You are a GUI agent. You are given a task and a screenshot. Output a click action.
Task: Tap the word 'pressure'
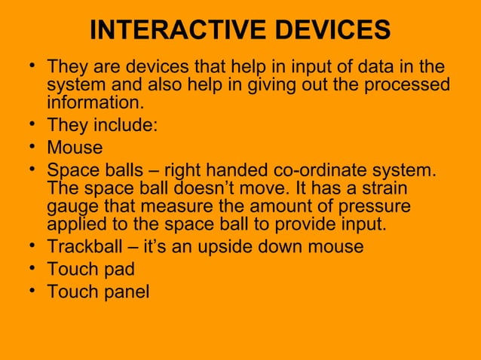coord(367,206)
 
